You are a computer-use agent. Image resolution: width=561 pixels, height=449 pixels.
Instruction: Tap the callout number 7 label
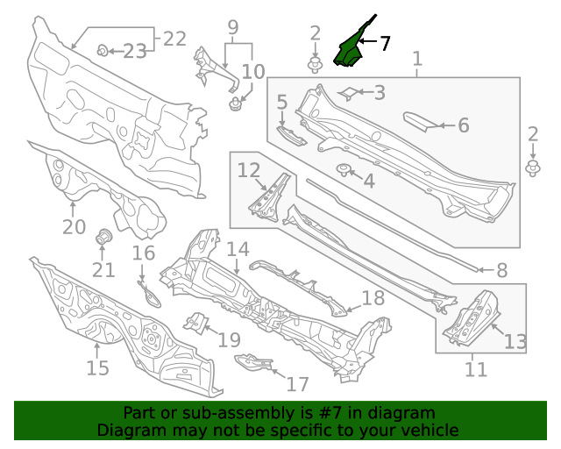point(385,42)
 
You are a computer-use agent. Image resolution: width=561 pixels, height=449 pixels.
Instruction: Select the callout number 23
point(134,52)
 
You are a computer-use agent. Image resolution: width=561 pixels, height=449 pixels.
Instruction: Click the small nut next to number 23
point(103,50)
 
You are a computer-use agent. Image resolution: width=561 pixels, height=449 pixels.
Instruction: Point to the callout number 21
point(103,269)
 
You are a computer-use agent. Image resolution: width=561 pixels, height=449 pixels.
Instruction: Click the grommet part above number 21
point(103,237)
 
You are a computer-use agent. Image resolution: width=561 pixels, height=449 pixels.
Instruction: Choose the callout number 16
point(144,253)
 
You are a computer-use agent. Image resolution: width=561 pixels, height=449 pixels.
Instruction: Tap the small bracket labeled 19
point(194,323)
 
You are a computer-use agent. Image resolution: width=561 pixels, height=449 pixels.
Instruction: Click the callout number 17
point(298,384)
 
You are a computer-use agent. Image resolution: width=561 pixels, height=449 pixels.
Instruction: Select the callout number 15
point(97,367)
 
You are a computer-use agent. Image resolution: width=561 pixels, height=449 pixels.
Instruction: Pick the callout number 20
point(74,227)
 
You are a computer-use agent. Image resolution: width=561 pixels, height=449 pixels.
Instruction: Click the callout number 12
point(249,169)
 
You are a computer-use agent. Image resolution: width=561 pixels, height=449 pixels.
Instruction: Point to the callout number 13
point(515,341)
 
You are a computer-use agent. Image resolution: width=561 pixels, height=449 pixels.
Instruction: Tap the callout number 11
point(475,369)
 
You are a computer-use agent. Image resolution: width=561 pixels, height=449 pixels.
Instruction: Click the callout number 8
point(502,271)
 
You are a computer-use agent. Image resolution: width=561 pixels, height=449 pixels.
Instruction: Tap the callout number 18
point(373,298)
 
